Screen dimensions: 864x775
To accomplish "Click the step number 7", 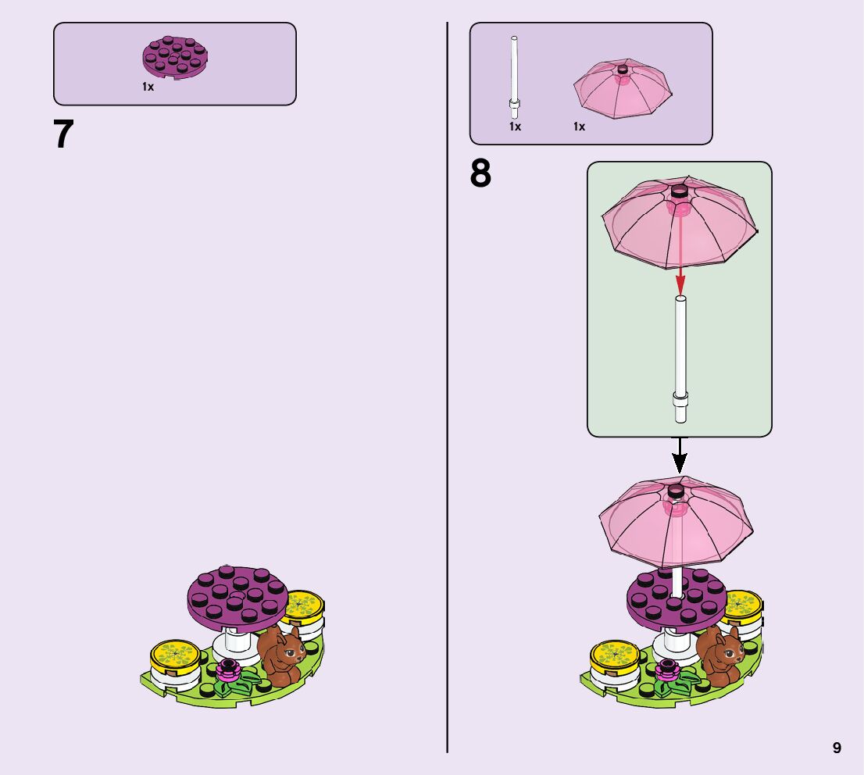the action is [63, 135].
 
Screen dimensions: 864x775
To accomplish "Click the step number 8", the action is [480, 174].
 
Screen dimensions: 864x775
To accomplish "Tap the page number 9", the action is [837, 748].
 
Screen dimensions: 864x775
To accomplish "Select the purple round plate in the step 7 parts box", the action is [175, 59].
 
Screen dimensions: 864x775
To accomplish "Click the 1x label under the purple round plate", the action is [148, 87].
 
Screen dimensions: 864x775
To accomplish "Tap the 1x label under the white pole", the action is [515, 127].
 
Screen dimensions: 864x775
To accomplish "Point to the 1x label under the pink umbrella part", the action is [579, 127].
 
